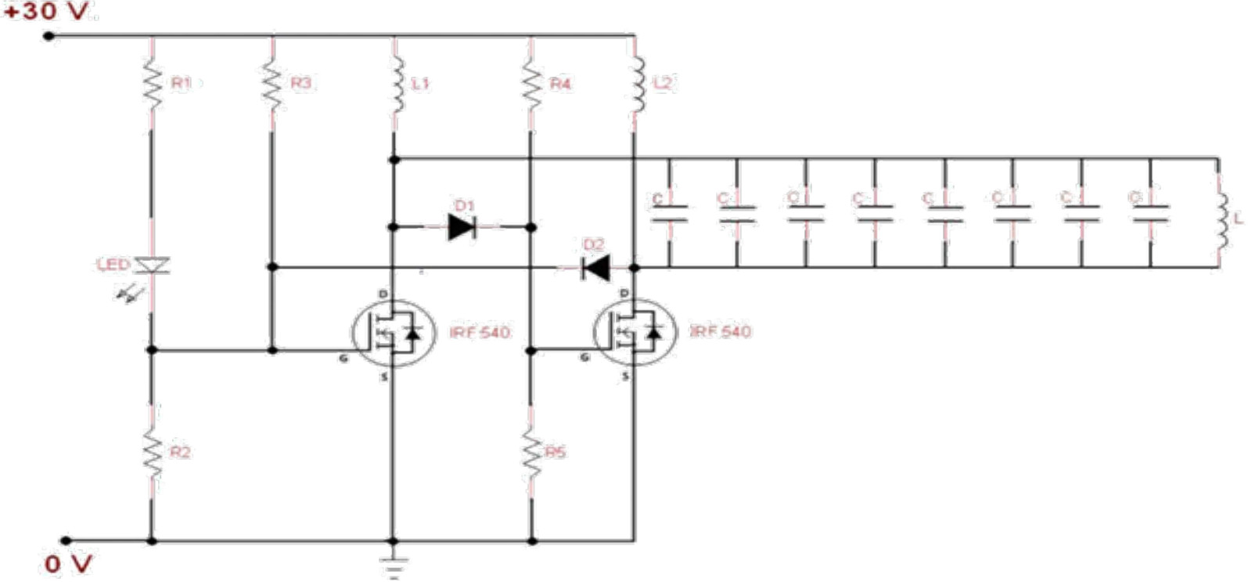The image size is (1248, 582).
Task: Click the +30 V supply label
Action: pyautogui.click(x=47, y=12)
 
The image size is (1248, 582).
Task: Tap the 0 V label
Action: pyautogui.click(x=69, y=563)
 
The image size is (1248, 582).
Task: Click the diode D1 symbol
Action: pyautogui.click(x=462, y=227)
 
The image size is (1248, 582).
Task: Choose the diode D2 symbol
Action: pyautogui.click(x=596, y=268)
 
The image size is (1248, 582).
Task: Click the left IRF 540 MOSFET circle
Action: pyautogui.click(x=393, y=333)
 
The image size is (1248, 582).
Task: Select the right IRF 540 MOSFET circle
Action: pyautogui.click(x=634, y=333)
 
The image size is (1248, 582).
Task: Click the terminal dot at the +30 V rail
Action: pyautogui.click(x=49, y=35)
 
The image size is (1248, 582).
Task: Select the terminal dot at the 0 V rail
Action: pyautogui.click(x=67, y=540)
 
